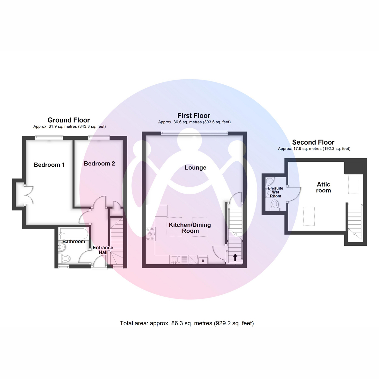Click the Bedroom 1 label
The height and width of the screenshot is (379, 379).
(x=49, y=165)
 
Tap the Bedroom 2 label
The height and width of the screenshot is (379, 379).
(x=99, y=164)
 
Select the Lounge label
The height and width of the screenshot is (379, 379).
(x=196, y=168)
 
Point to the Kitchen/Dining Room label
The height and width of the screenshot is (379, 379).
(x=190, y=228)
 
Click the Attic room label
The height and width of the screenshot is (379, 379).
(x=323, y=187)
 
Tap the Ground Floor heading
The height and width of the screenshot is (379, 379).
(x=69, y=120)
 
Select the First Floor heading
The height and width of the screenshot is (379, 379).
(x=194, y=116)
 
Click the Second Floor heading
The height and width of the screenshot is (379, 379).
(x=313, y=142)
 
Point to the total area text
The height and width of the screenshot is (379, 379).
(x=187, y=323)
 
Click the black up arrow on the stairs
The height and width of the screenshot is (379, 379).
(x=235, y=257)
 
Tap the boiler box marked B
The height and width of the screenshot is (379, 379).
(x=203, y=261)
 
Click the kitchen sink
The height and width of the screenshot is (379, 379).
(x=175, y=260)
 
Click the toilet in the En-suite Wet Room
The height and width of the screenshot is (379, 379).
(x=274, y=205)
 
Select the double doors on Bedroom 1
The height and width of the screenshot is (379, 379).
(x=27, y=195)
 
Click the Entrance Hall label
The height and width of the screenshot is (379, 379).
(x=103, y=250)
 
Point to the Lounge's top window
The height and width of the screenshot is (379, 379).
(x=194, y=133)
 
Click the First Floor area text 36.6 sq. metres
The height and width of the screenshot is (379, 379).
(x=194, y=122)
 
